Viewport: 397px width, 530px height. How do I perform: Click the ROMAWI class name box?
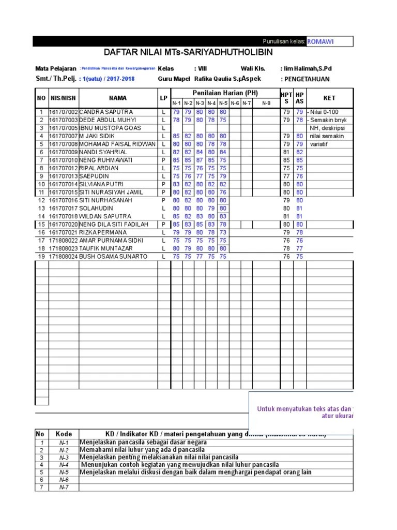point(329,41)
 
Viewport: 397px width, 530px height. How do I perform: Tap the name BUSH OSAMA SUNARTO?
point(113,256)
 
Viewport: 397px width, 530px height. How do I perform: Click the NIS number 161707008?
point(63,144)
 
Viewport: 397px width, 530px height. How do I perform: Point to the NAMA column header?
point(117,98)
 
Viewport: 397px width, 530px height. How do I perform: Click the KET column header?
point(329,98)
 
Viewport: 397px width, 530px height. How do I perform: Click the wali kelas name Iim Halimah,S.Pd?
point(307,68)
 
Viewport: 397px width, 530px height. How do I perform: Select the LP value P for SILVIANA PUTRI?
point(163,184)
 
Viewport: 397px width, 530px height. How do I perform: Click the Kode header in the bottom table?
point(64,434)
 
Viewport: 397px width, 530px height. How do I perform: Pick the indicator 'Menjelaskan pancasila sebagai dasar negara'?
point(143,443)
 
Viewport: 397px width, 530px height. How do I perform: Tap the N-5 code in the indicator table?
point(64,472)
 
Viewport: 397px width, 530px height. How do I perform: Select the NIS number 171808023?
point(63,248)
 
